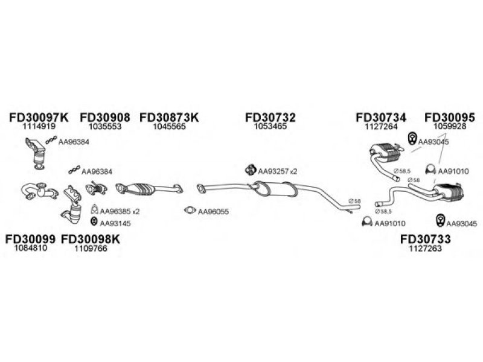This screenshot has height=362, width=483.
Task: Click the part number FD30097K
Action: pyautogui.click(x=39, y=117)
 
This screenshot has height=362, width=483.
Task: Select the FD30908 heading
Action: pyautogui.click(x=105, y=117)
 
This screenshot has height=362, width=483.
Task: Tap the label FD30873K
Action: pyautogui.click(x=169, y=117)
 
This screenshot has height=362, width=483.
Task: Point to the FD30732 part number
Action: pyautogui.click(x=270, y=117)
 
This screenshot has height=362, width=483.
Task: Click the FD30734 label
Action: pyautogui.click(x=381, y=117)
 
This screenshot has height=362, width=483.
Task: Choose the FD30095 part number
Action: pyautogui.click(x=450, y=117)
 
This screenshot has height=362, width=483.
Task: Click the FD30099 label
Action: pyautogui.click(x=31, y=239)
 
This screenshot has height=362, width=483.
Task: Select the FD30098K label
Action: pyautogui.click(x=91, y=239)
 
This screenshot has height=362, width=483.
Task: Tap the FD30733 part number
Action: pyautogui.click(x=426, y=239)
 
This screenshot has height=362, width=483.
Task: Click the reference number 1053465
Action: pyautogui.click(x=270, y=126)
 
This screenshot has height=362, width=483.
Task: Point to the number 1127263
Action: pyautogui.click(x=426, y=248)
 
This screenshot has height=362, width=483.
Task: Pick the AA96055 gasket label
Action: pyautogui.click(x=213, y=212)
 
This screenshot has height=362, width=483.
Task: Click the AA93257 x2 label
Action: pyautogui.click(x=278, y=171)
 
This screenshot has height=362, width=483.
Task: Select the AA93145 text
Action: pyautogui.click(x=115, y=223)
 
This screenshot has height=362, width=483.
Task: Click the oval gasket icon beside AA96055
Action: pyautogui.click(x=190, y=210)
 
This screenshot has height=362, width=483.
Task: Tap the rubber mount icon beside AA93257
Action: pyautogui.click(x=251, y=170)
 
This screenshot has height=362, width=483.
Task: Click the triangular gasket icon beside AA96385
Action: pyautogui.click(x=95, y=209)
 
